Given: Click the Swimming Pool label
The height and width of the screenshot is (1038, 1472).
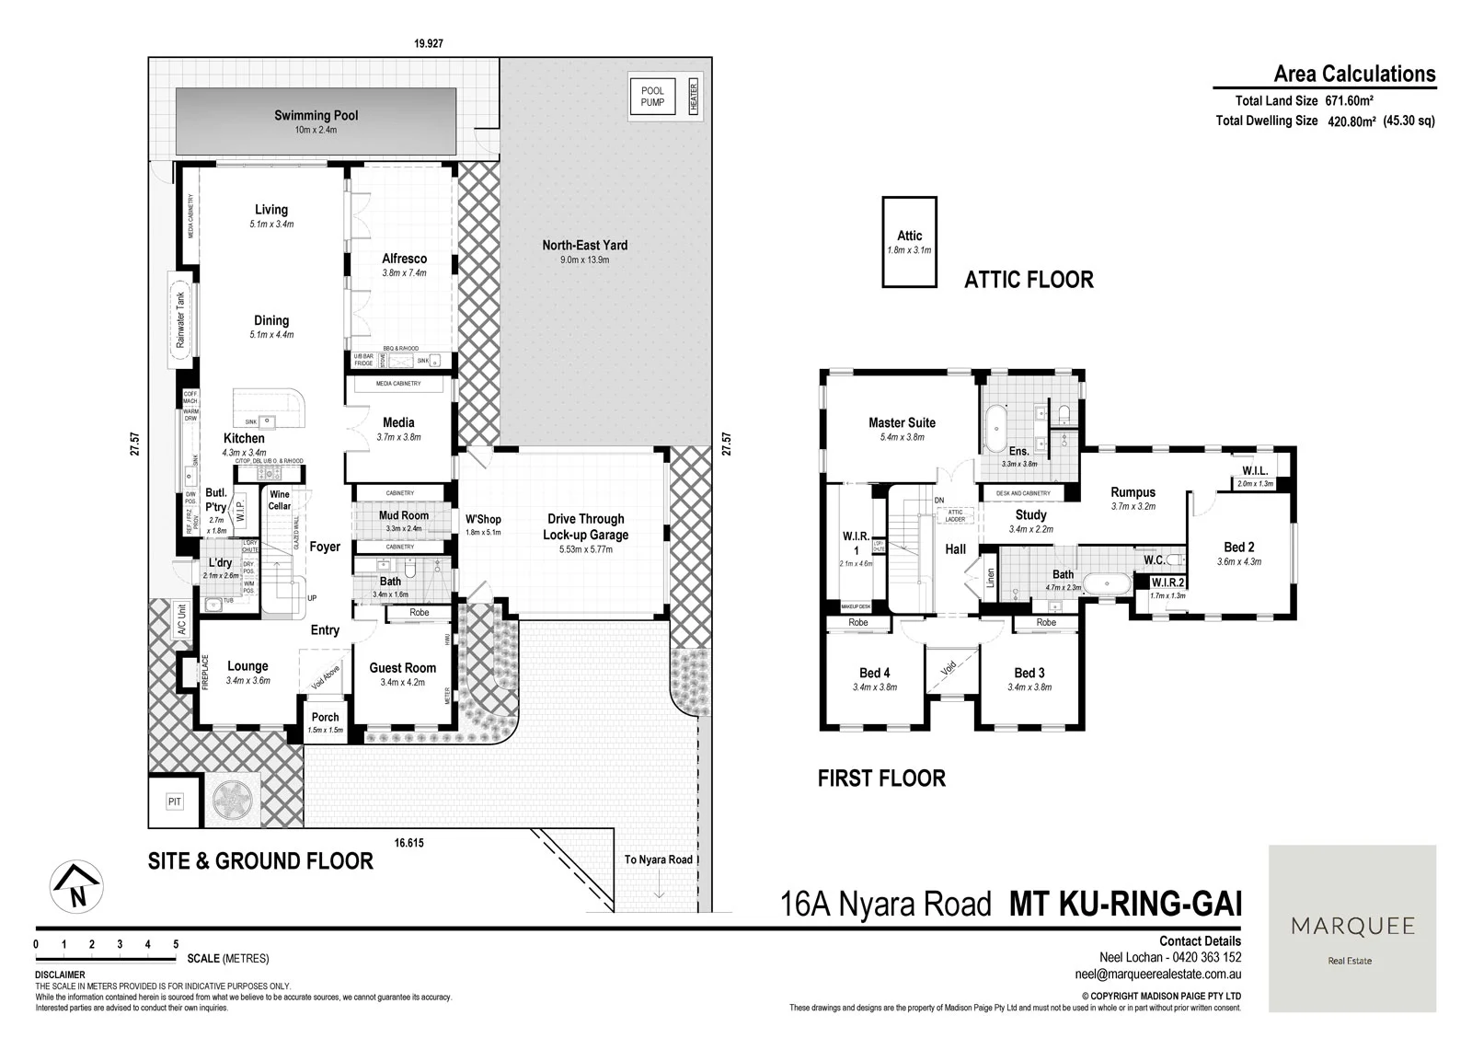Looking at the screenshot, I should point(316,116).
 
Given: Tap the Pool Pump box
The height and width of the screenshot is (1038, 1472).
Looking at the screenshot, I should point(652,96).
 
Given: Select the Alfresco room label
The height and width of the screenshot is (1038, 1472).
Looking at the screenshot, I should point(404,259).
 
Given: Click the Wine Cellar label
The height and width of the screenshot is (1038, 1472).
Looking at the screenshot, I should point(279,501).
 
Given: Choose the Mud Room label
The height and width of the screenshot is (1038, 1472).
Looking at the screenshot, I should point(403,515).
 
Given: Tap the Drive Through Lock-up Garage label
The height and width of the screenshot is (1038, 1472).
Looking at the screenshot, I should point(585,526).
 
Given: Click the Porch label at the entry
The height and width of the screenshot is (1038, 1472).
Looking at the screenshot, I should point(325,717).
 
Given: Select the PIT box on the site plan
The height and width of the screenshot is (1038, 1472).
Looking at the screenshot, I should point(175,802).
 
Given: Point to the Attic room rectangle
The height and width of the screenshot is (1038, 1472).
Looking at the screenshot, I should point(909,242).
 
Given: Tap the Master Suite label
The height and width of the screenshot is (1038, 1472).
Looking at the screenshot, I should point(902,423).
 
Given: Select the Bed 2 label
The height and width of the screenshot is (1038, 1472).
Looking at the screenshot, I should point(1239,548).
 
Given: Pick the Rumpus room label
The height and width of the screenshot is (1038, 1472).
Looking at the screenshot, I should point(1133,492).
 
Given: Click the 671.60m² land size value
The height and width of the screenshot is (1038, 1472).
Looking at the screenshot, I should point(1349,101).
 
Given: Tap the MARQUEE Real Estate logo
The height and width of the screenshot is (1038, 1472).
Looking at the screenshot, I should point(1351,928).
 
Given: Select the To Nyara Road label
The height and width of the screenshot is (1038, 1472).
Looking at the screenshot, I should point(658,859).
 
